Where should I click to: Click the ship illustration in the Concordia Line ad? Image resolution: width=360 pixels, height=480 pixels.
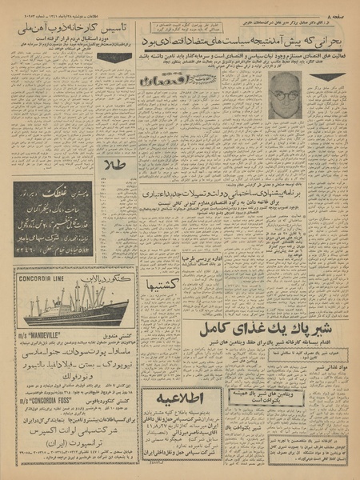(x=72, y=305)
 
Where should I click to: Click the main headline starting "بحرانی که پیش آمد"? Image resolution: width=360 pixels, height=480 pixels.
(x=249, y=38)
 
